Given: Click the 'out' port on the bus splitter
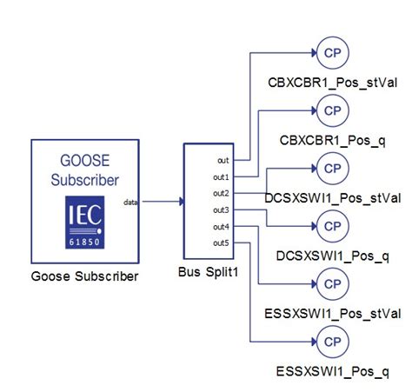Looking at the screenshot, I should pyautogui.click(x=223, y=160).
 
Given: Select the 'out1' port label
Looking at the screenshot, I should pyautogui.click(x=222, y=176).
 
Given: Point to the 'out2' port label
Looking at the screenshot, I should pyautogui.click(x=222, y=193).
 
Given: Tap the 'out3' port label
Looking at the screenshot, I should pyautogui.click(x=222, y=209).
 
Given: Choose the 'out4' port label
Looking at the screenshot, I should pyautogui.click(x=222, y=226).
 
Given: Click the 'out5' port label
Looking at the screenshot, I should pyautogui.click(x=222, y=243).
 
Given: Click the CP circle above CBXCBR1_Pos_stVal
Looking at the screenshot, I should pyautogui.click(x=331, y=51).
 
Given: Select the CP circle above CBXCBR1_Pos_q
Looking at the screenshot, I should pyautogui.click(x=331, y=110).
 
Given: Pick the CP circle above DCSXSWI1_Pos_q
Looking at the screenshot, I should pyautogui.click(x=331, y=226).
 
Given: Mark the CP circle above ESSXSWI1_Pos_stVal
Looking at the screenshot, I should pyautogui.click(x=331, y=283).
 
